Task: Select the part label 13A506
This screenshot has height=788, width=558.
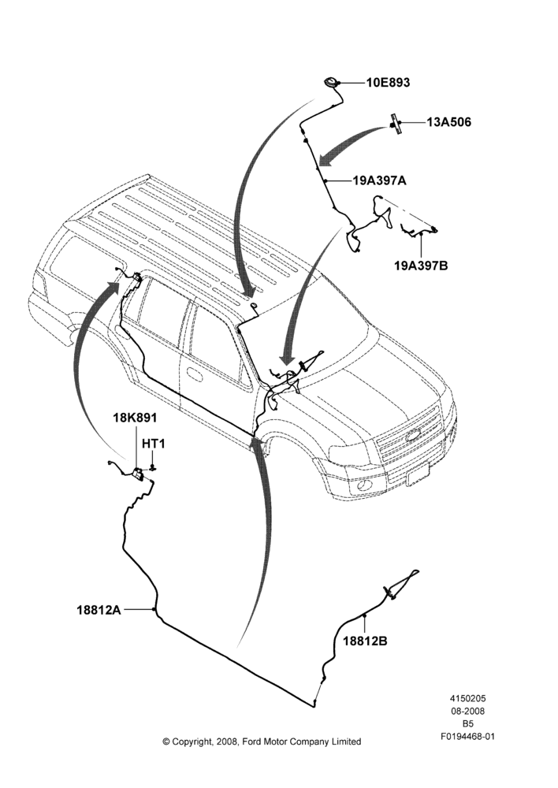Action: coord(449,122)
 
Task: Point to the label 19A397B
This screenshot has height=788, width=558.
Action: coord(421,265)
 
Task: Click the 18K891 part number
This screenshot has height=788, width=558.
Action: coord(134,418)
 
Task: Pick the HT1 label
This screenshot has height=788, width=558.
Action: coord(154,444)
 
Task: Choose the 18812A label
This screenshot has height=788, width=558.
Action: coord(99,610)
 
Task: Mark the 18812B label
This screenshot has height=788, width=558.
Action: coord(366,641)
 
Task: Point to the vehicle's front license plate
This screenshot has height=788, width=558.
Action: coord(418,474)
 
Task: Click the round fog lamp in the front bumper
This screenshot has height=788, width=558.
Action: coord(364,486)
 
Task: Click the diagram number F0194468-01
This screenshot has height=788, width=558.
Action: coord(468,738)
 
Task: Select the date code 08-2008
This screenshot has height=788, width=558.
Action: coord(468,711)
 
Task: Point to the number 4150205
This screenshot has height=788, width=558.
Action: coord(468,698)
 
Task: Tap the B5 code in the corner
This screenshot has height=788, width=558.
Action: coord(468,724)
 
